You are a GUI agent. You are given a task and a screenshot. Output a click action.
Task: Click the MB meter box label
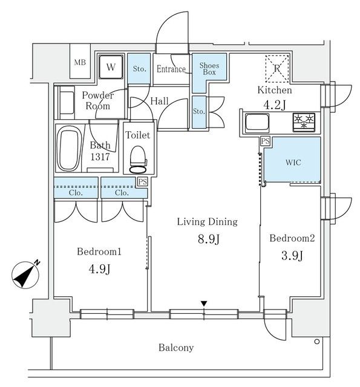[80, 63]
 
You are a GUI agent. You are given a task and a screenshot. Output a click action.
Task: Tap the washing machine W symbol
[111, 67]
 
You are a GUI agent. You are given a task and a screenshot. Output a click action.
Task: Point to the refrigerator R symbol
[277, 68]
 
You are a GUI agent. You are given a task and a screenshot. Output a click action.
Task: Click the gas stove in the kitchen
[305, 122]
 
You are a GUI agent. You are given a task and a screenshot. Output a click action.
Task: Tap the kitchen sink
[259, 123]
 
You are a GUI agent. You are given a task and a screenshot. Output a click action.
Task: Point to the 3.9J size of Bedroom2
[292, 256]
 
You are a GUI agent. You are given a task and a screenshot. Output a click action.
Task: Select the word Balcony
[176, 348]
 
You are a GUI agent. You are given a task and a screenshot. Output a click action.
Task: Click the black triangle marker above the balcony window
[205, 303]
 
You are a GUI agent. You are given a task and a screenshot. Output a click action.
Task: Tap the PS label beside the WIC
[265, 141]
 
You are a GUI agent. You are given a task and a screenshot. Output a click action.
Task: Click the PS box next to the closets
[142, 181]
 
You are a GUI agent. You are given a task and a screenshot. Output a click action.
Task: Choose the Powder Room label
[97, 100]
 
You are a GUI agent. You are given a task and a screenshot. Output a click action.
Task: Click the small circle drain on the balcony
[318, 343]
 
